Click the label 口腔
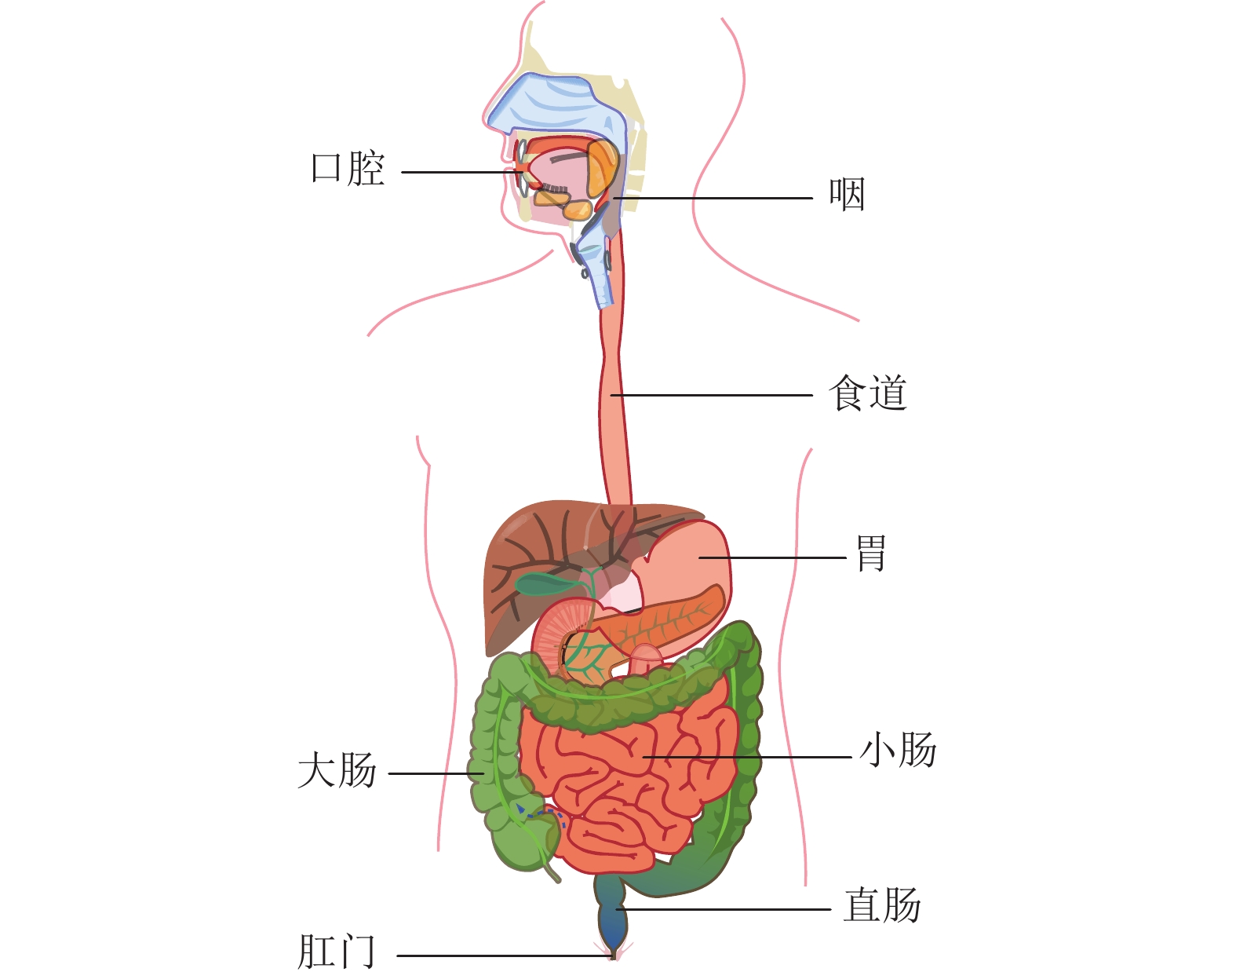pos(348,169)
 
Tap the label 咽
pos(847,195)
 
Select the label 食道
pos(868,393)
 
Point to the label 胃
pos(870,554)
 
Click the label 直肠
pos(882,906)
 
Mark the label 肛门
pos(337,952)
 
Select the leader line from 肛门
pos(502,956)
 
